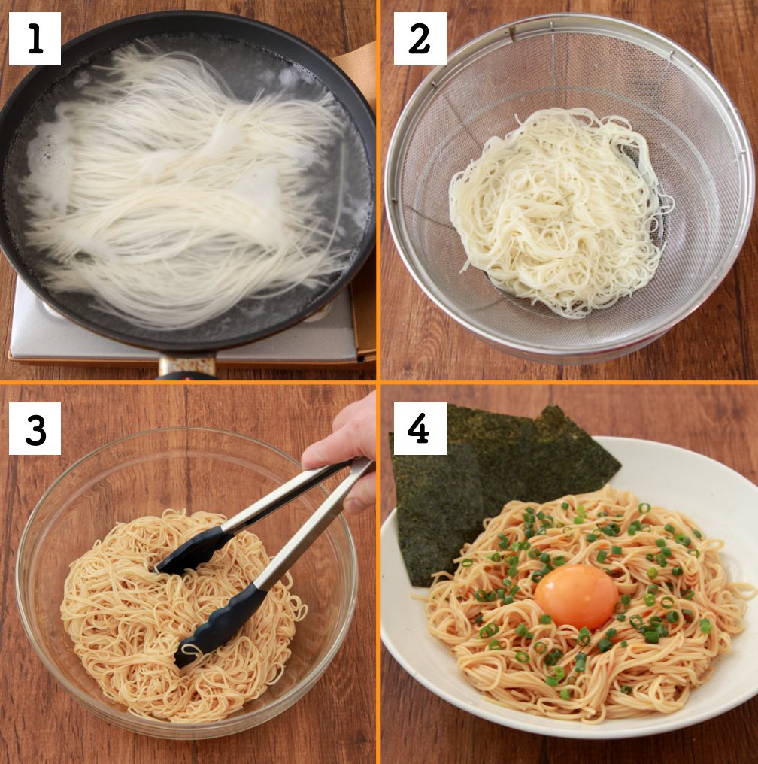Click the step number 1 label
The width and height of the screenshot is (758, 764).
(x=35, y=38)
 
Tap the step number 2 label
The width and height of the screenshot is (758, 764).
(x=420, y=38)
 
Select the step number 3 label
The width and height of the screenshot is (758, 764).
(x=35, y=429)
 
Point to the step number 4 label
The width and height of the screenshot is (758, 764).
(x=420, y=429)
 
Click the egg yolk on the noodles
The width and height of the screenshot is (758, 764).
(x=576, y=596)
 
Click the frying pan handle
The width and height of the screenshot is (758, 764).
(x=186, y=368)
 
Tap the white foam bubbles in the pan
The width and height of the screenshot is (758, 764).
(x=45, y=150)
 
